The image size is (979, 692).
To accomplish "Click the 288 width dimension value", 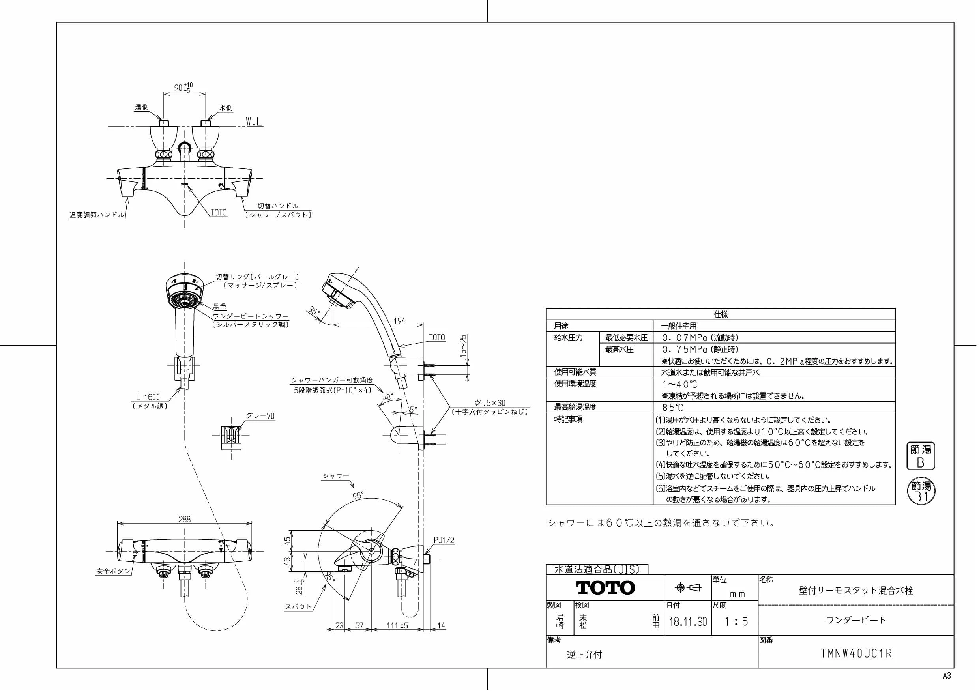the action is pos(185,519).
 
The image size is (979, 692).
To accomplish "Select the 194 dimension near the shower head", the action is pos(399,321).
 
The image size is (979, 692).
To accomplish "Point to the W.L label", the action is pos(254,122).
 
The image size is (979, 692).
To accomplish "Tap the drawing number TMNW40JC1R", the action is pos(856,654).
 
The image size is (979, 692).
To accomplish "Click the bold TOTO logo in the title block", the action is pos(605,588).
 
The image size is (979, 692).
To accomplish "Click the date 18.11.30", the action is pos(688,621).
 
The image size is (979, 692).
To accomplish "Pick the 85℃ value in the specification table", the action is pos(672,408).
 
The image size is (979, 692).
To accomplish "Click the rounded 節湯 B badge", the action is pos(920,456).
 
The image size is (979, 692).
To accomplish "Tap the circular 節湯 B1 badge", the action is pos(921,491).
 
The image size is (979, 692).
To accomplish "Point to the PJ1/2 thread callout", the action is pos(444,540).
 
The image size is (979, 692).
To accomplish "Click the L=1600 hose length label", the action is pos(148,397).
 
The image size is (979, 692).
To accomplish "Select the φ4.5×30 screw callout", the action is pos(490,402).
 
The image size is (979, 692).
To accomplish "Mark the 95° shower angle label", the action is pos(358,496).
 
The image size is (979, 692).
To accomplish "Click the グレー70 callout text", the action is pos(260,416).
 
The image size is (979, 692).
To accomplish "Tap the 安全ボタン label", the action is pos(113,571).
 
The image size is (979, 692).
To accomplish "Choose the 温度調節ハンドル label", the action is pos(97,215).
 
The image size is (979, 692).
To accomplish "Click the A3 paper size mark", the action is pos(947,675).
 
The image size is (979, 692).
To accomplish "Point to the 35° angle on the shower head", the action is pos(314,311).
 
